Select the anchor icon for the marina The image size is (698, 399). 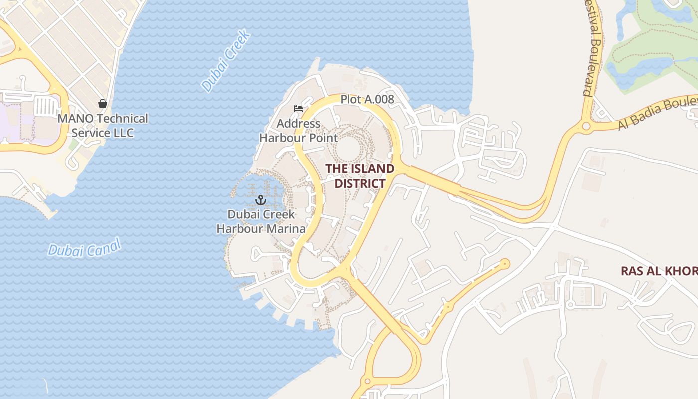[260, 200]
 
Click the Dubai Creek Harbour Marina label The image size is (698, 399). [261, 222]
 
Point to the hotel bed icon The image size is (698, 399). [298, 109]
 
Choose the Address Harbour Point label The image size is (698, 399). [298, 131]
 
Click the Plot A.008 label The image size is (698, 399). [367, 99]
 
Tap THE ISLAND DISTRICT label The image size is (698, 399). [359, 176]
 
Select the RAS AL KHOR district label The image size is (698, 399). [658, 271]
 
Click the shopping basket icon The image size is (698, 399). [103, 104]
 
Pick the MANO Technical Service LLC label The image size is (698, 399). [103, 126]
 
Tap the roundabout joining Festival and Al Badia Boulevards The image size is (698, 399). [586, 126]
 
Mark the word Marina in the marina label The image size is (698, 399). [285, 229]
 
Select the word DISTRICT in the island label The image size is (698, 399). [359, 183]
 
